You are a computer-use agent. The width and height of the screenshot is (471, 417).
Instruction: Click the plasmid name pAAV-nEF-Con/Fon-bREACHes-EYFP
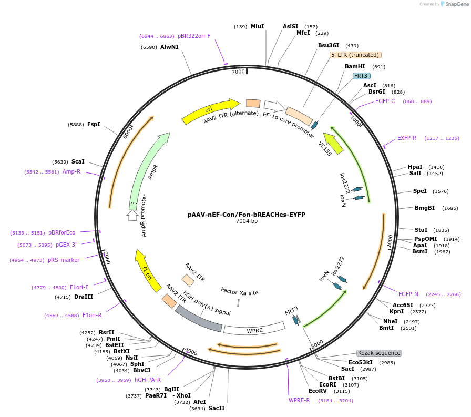click(246, 215)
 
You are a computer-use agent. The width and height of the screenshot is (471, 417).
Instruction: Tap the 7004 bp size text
click(246, 221)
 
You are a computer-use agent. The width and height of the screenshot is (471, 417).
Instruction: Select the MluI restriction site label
click(257, 26)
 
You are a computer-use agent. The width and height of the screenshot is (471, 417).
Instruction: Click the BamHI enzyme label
click(355, 67)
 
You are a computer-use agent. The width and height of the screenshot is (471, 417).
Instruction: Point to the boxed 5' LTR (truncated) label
click(355, 55)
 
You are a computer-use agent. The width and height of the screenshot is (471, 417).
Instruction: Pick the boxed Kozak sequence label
click(379, 353)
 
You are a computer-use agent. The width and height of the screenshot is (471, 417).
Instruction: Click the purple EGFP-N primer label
click(408, 294)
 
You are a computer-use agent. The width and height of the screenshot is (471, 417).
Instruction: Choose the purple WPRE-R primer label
click(299, 400)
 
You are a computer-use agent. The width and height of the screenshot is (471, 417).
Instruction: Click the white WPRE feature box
click(254, 330)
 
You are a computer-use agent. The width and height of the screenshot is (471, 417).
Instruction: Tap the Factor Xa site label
click(239, 292)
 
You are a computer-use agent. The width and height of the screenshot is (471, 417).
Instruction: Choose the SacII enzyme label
click(216, 408)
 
